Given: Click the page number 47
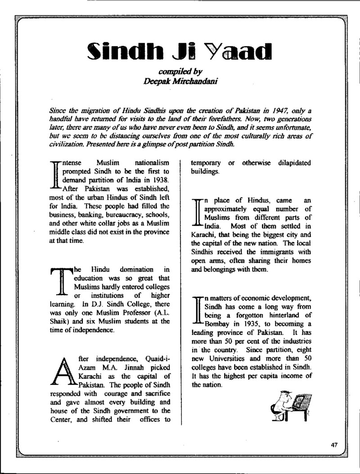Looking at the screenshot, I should (333, 445).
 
